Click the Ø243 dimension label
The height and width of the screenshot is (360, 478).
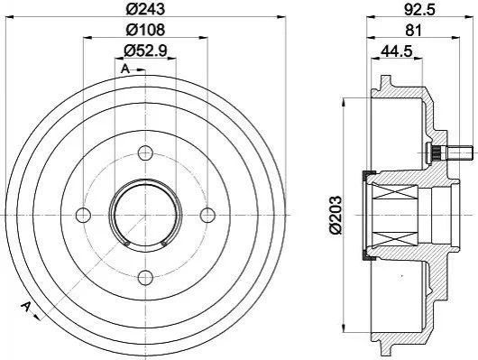click(x=145, y=9)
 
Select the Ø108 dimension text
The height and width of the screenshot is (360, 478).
click(x=145, y=30)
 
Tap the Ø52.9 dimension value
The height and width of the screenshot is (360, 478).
click(x=145, y=51)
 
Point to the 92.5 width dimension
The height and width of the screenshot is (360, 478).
click(x=420, y=9)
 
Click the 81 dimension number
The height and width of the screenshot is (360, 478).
click(x=413, y=30)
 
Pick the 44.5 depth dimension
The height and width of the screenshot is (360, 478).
click(x=396, y=51)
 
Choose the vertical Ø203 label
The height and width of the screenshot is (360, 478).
click(x=335, y=215)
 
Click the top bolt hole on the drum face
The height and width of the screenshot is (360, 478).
click(x=145, y=152)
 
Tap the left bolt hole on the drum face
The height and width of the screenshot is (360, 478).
click(x=83, y=215)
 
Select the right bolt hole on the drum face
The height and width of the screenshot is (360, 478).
click(x=207, y=215)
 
